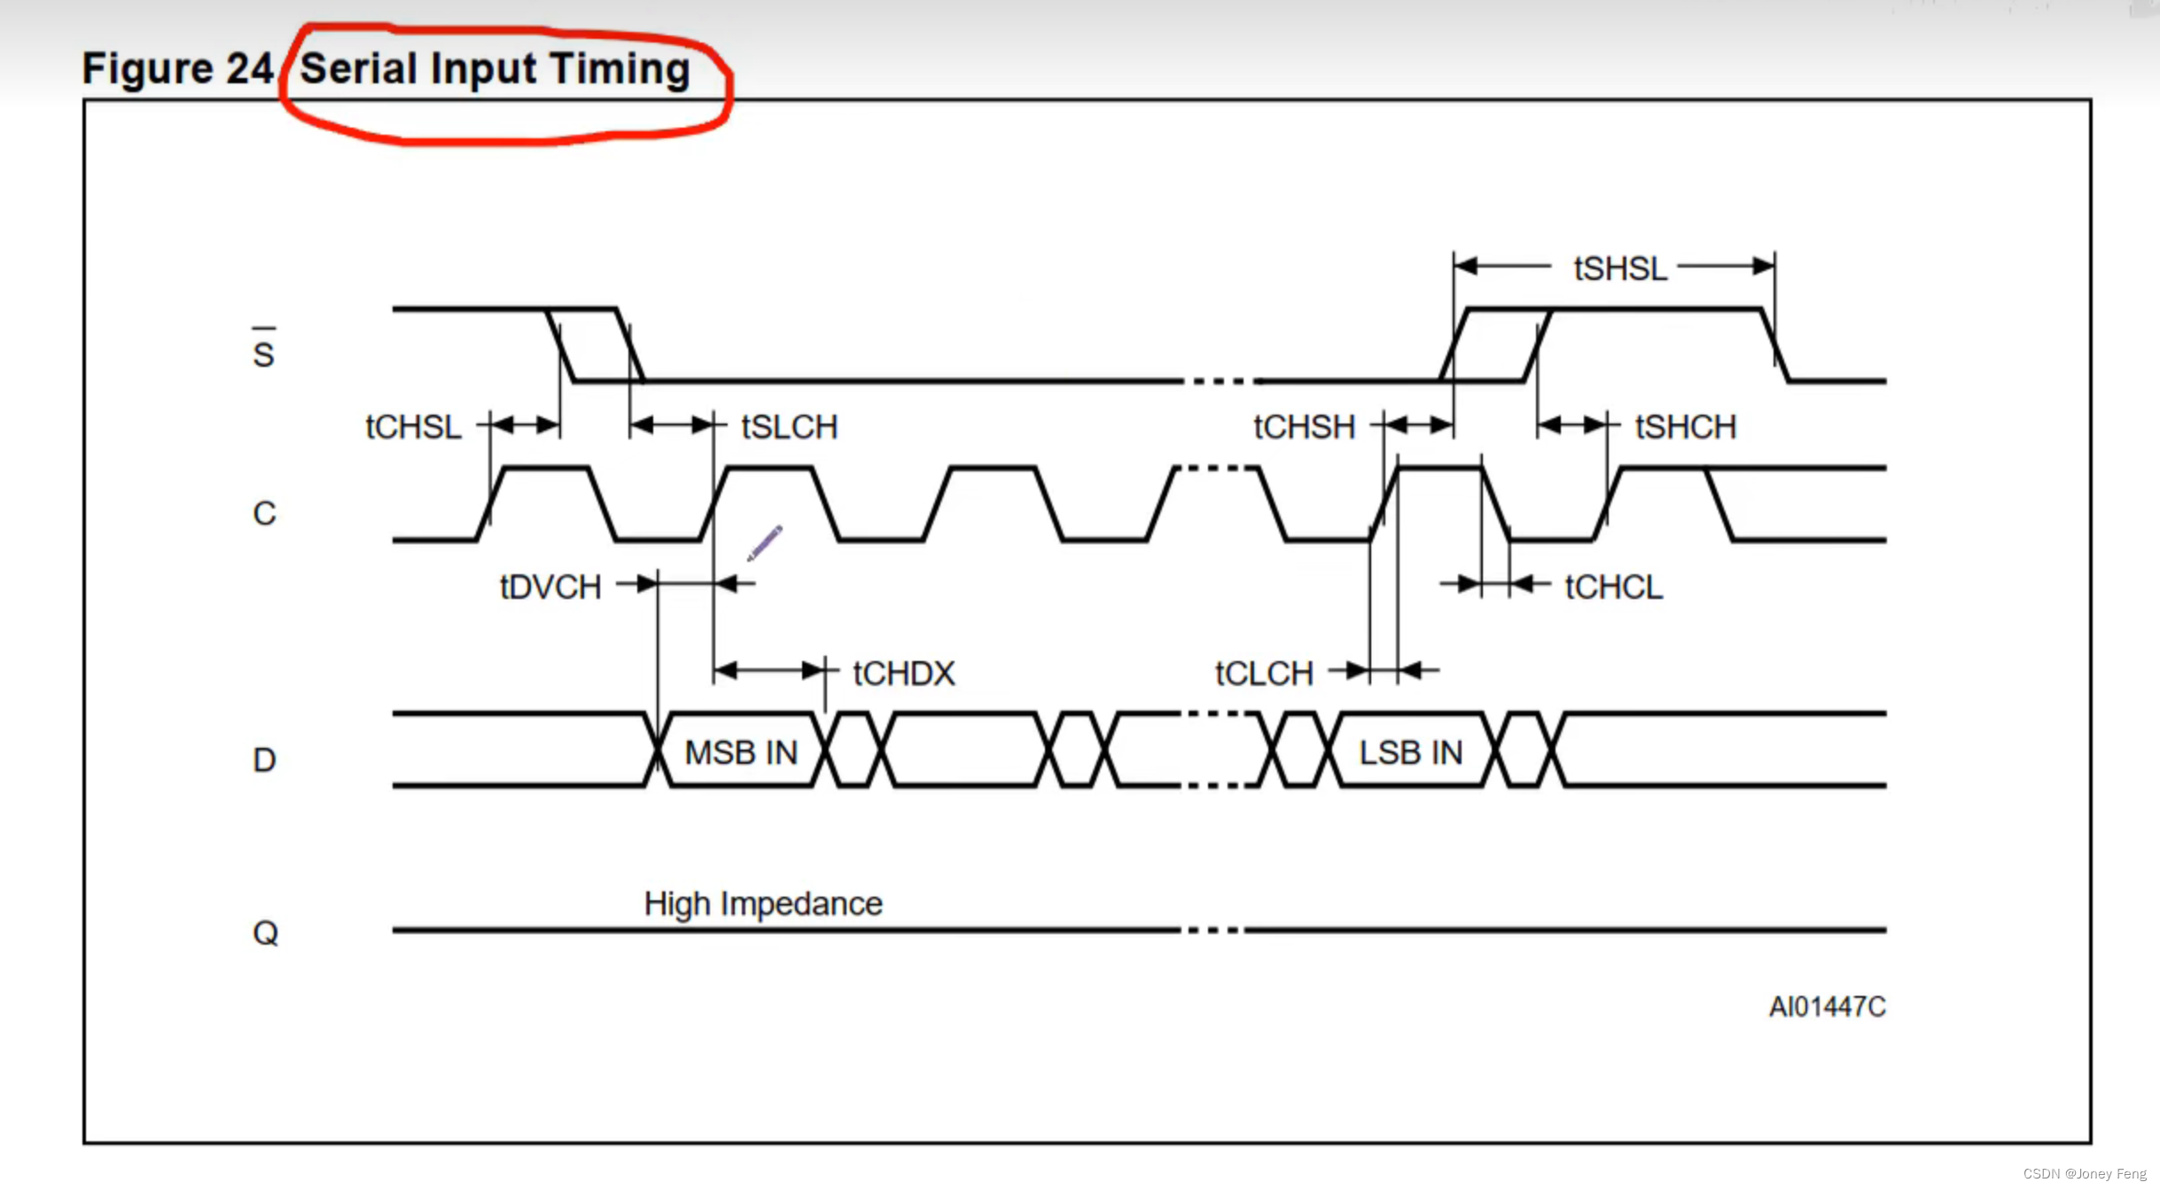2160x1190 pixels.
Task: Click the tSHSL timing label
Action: [x=1619, y=268]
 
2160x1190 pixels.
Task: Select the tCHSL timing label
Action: [x=413, y=427]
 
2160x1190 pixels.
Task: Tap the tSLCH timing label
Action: [x=789, y=427]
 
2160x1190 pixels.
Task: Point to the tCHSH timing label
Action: [x=1304, y=427]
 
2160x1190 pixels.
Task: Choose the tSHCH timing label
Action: [x=1685, y=427]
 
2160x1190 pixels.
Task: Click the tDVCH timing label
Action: [x=550, y=587]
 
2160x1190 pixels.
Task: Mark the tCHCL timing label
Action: [x=1613, y=587]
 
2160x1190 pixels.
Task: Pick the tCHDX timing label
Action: [x=903, y=673]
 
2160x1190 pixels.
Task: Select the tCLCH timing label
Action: [x=1263, y=673]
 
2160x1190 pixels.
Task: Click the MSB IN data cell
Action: [x=741, y=752]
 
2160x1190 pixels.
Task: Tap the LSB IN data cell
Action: [x=1410, y=752]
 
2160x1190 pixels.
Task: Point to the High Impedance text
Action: [x=763, y=904]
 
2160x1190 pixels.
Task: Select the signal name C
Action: [x=264, y=513]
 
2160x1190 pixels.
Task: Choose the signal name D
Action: [x=264, y=759]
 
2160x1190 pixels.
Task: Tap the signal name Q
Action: [x=265, y=932]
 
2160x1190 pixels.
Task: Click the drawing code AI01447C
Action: [x=1827, y=1007]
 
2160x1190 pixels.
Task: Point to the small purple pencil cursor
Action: [x=764, y=542]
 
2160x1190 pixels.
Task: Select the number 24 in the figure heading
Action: [x=249, y=69]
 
